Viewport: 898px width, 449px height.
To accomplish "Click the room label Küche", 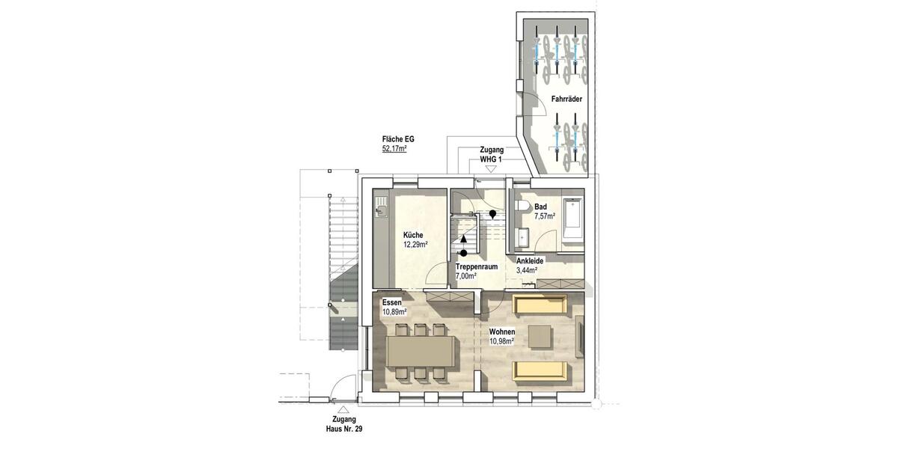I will [413, 233].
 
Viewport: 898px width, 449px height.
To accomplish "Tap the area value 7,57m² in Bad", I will [544, 216].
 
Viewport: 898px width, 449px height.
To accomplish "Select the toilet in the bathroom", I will [521, 207].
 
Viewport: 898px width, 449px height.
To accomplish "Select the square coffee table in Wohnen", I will [540, 337].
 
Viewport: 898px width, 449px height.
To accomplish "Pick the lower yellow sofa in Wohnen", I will [542, 370].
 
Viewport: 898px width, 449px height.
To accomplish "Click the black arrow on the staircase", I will [464, 239].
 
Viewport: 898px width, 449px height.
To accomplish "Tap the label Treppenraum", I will [477, 266].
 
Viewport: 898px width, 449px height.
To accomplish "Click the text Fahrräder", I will [566, 99].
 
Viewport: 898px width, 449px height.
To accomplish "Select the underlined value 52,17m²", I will [394, 149].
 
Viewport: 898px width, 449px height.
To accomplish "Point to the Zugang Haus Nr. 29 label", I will [343, 425].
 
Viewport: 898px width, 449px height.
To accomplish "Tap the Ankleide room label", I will [530, 260].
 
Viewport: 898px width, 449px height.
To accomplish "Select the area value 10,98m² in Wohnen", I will [501, 341].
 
